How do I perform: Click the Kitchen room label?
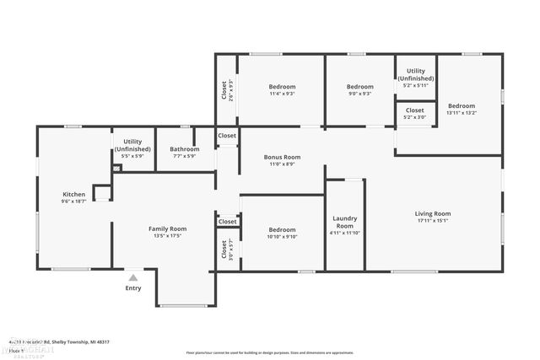click(x=74, y=195)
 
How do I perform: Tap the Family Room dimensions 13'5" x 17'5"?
click(x=167, y=236)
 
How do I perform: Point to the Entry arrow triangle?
click(x=132, y=277)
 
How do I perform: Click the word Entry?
click(x=133, y=288)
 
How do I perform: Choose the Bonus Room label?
click(x=282, y=157)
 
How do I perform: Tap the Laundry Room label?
click(x=345, y=221)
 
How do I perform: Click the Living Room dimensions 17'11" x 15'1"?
click(x=432, y=222)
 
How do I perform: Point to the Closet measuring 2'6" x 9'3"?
click(x=227, y=89)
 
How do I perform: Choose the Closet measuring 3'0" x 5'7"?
click(x=227, y=250)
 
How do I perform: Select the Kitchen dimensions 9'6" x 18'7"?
click(x=74, y=201)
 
